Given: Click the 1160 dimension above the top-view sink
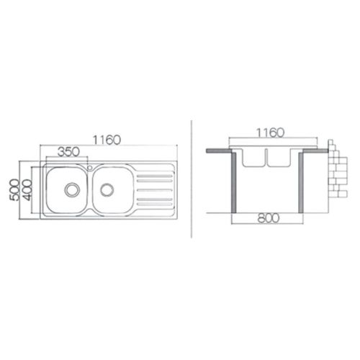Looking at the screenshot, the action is [107, 140].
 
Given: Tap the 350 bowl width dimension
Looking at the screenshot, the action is [68, 152].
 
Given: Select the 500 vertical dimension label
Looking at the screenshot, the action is [14, 190].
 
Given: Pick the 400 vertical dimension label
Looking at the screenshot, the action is [27, 190].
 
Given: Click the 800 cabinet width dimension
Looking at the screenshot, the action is [269, 218].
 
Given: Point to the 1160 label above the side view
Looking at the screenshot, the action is [271, 132].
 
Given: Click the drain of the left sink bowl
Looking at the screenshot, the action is [71, 189].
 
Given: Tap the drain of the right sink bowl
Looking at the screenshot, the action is [107, 189].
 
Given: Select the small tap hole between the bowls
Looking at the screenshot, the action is [90, 168].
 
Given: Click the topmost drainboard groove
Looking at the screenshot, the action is [155, 176].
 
